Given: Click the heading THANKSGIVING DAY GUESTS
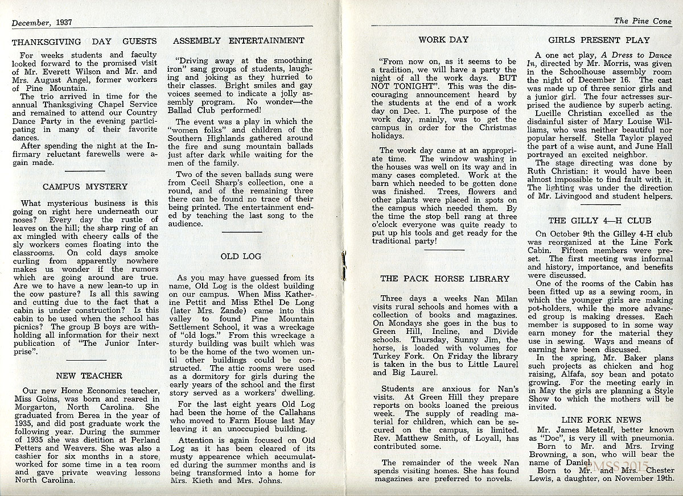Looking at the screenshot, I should pos(84,41).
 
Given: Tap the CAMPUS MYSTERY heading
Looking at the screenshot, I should pos(85,187).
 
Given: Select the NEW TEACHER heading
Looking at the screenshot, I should pos(89,375).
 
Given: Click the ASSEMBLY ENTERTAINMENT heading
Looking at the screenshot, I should pos(238,41).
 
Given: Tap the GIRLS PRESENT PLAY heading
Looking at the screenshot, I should pos(599,40).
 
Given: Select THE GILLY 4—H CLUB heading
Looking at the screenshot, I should pos(600,220).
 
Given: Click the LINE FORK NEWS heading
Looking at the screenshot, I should pos(600,420).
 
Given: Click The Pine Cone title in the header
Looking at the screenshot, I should pos(643,22).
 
